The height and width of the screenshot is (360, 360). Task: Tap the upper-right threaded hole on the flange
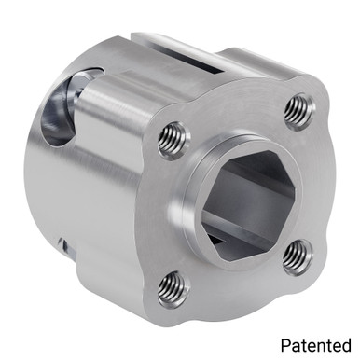tap(296, 112)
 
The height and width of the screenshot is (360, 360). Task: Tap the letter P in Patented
tap(284, 343)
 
